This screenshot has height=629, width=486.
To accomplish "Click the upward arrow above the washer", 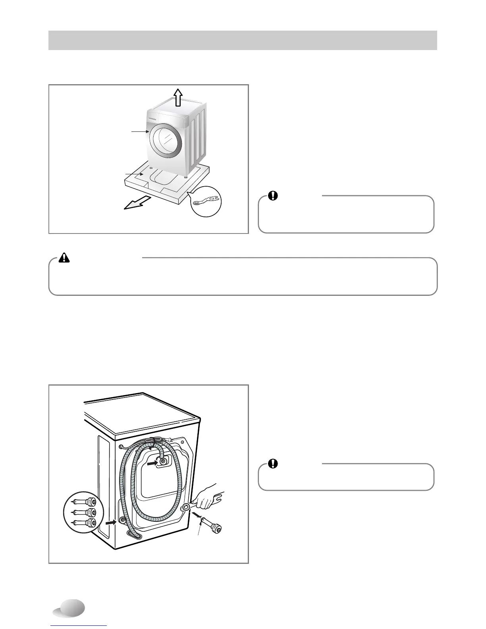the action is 177,96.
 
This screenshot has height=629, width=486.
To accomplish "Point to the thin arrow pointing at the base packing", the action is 133,174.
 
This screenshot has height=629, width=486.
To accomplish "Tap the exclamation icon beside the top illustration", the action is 273,196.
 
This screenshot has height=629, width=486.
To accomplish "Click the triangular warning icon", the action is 64,258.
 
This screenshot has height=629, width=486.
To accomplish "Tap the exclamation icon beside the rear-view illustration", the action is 273,463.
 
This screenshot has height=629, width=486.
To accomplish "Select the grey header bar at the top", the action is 243,40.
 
